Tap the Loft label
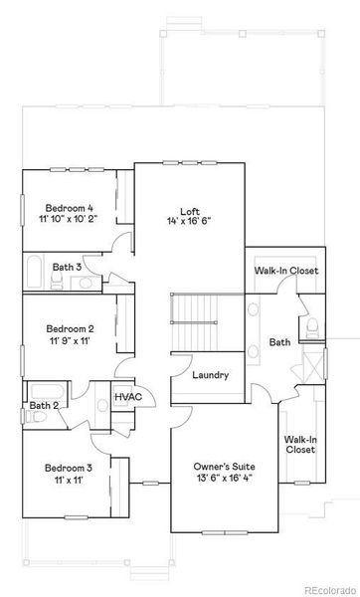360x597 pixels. pyautogui.click(x=190, y=210)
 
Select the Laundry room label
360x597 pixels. pyautogui.click(x=211, y=375)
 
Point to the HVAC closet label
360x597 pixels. pyautogui.click(x=128, y=397)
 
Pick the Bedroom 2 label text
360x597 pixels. pyautogui.click(x=69, y=328)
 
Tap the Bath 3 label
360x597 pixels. pyautogui.click(x=67, y=267)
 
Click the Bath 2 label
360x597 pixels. pyautogui.click(x=44, y=405)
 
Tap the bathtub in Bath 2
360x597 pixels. pyautogui.click(x=45, y=389)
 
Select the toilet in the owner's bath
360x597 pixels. pyautogui.click(x=312, y=327)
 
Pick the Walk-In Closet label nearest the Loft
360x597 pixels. pyautogui.click(x=285, y=270)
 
